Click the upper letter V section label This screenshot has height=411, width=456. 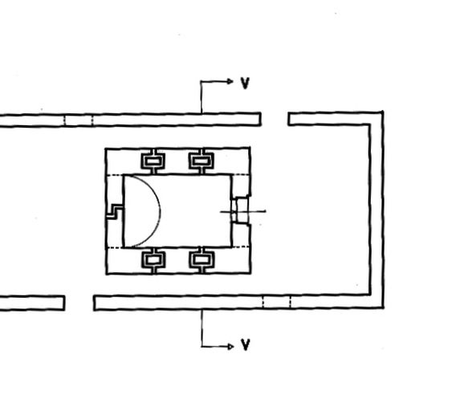coord(245,83)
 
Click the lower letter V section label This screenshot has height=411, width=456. coord(246,344)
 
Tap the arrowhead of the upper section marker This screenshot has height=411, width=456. coord(230,81)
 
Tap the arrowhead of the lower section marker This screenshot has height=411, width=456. coord(231,347)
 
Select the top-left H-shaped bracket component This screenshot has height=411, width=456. coord(153,161)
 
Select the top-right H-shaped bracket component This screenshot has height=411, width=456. coord(202,161)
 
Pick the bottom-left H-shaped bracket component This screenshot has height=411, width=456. coord(154,260)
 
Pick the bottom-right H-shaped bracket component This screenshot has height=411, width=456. coord(202,259)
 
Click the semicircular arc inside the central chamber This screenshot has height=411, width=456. coord(160,211)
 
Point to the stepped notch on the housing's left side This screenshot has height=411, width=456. coord(114,211)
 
